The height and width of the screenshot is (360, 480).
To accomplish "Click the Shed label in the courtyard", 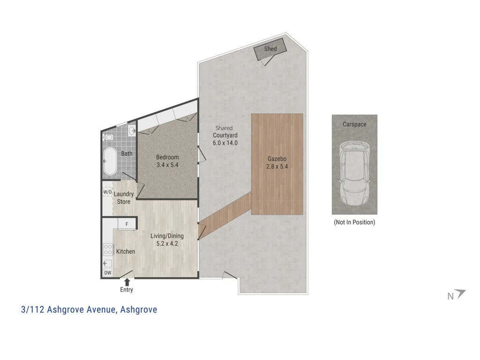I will coord(270,49).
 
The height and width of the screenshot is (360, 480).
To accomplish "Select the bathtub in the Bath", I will coord(110,161).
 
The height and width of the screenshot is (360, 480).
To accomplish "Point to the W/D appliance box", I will coord(107,192).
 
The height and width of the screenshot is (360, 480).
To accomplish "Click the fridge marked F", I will coord(127,225).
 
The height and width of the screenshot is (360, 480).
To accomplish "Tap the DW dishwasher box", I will coord(107,272).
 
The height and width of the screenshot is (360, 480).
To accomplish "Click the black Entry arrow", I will coord(127,281).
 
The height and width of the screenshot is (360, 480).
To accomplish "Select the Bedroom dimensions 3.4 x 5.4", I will coord(167,165).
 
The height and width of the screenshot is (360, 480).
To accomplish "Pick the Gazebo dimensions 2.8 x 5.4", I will coord(277,166).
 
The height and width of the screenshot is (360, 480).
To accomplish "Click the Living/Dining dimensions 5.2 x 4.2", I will coord(167,244).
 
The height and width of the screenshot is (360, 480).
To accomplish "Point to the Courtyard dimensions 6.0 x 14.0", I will coord(225,142).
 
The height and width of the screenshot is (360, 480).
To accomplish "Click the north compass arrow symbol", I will coord(461,294).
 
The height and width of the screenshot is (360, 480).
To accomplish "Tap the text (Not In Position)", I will coord(354,222).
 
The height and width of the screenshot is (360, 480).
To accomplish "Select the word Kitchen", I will coord(125,252).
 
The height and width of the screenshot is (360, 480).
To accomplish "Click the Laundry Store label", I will coord(124,198).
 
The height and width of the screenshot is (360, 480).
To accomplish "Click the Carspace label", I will coord(354,124).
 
